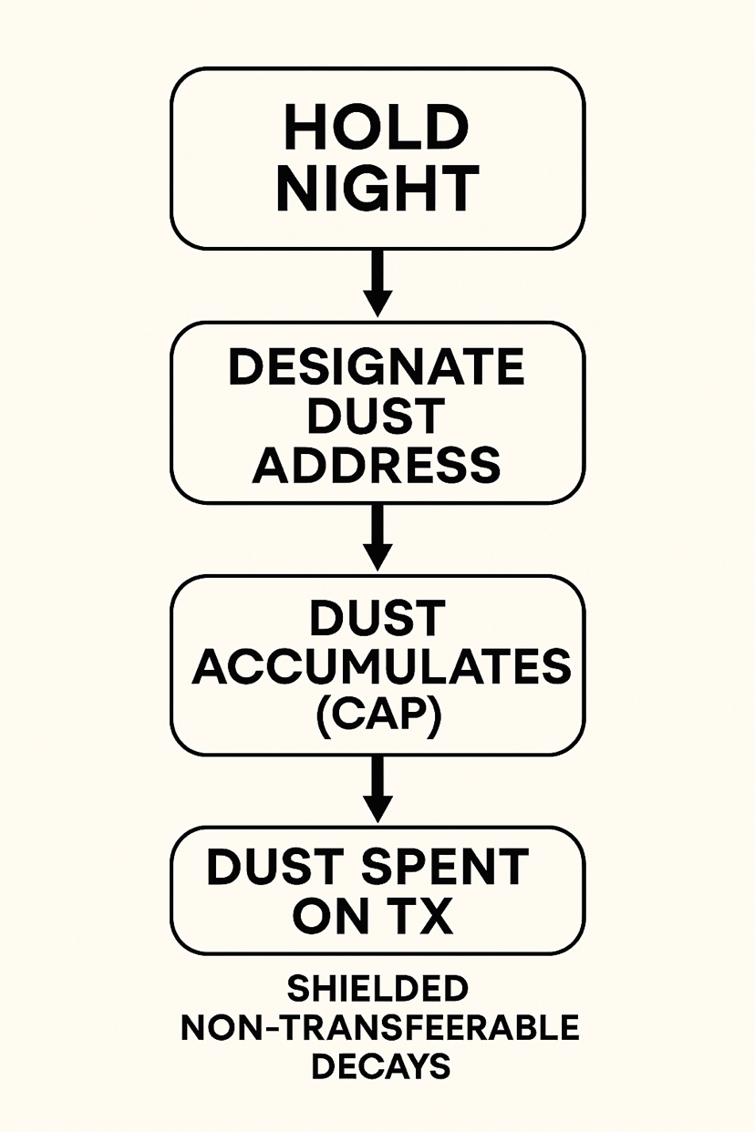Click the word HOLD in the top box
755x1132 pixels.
(x=376, y=128)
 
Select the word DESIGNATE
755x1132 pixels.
(x=376, y=368)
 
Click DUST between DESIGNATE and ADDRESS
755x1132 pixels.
(x=376, y=417)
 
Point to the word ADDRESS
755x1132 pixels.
(x=376, y=464)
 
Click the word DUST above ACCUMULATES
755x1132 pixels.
(x=376, y=621)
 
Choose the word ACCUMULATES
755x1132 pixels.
(x=381, y=668)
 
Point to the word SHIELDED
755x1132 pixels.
(x=377, y=989)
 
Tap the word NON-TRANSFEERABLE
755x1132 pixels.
(x=380, y=1027)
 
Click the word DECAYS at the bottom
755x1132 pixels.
(x=380, y=1065)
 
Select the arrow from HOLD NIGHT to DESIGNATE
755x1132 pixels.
(x=377, y=283)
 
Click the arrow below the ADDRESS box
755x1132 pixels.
(x=377, y=537)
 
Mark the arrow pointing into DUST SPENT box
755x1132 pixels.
(x=377, y=789)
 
